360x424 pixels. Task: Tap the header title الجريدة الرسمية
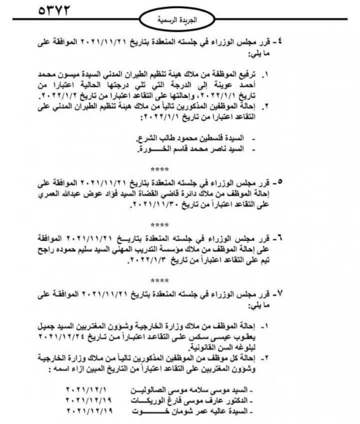(177, 21)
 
